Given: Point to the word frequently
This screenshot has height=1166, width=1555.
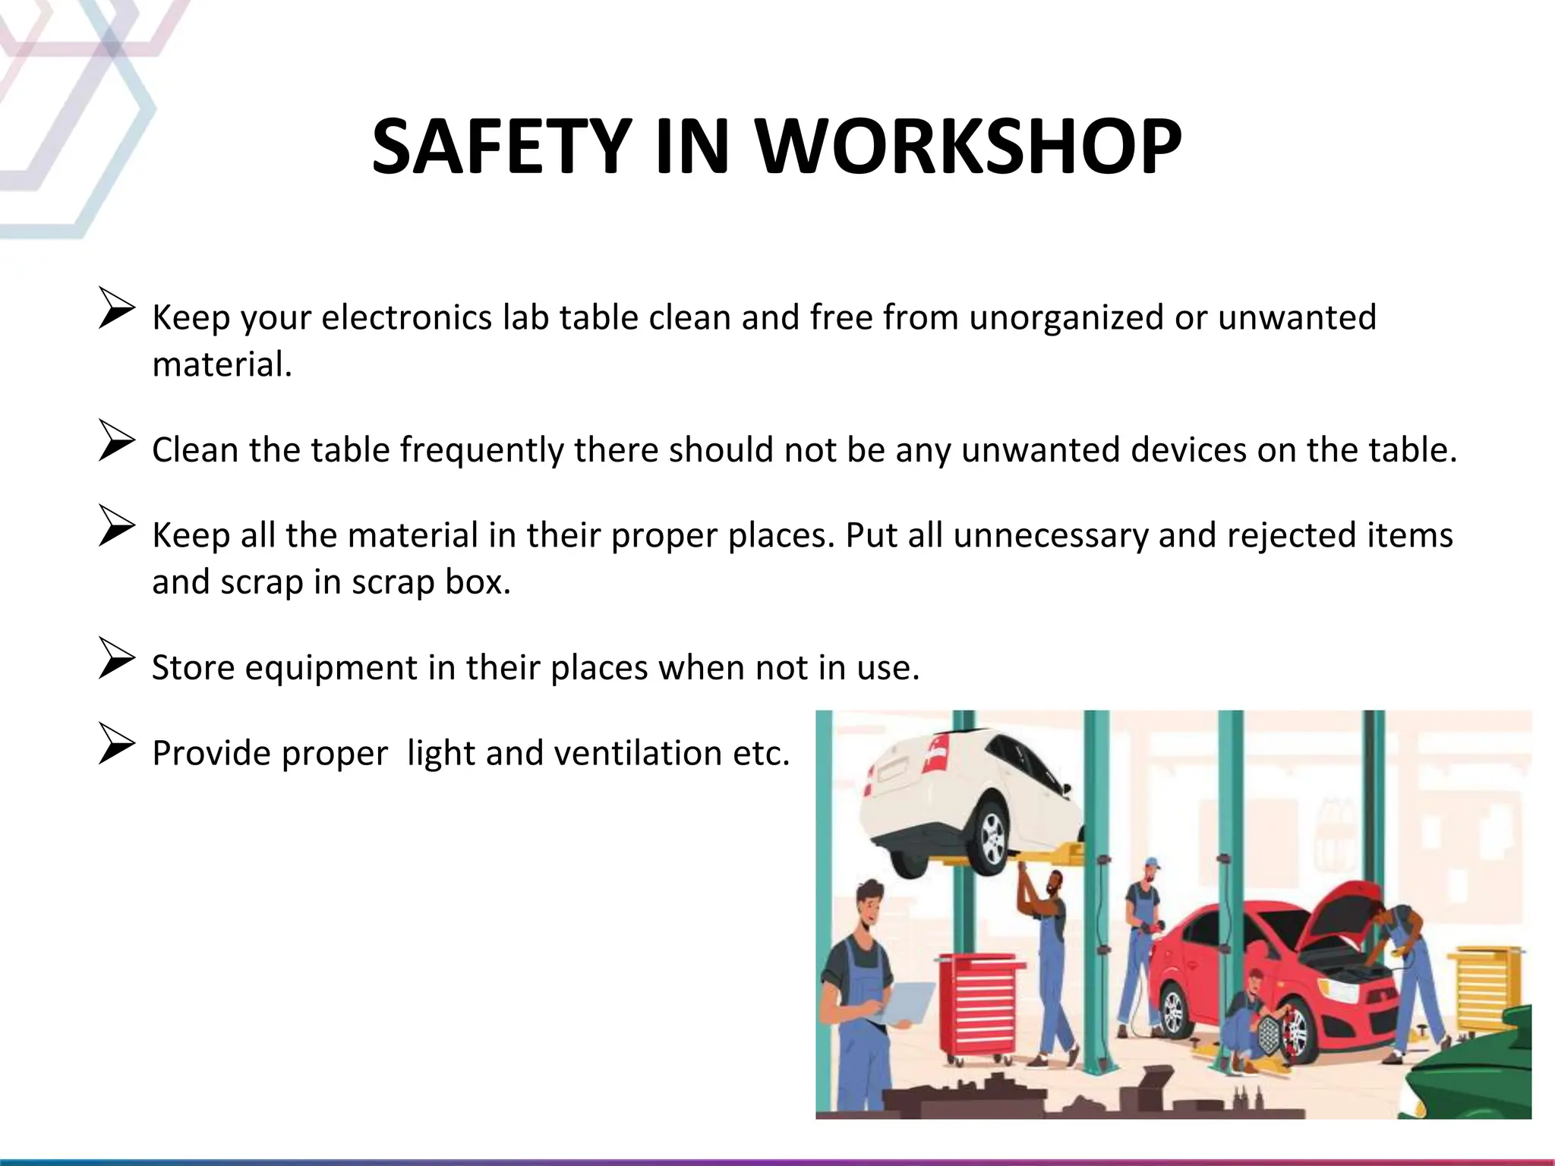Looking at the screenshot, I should tap(481, 450).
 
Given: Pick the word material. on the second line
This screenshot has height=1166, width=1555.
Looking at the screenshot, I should tap(222, 365).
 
